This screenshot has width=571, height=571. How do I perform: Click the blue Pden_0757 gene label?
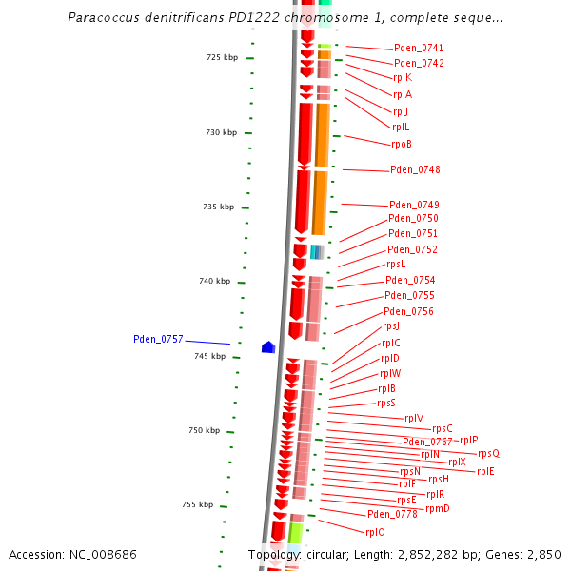point(158,339)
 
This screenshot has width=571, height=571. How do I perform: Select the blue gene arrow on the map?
point(268,347)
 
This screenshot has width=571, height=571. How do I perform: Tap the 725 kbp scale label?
point(222,58)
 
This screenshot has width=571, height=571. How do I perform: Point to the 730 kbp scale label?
point(221,132)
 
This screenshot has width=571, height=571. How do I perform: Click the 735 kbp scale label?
point(218,207)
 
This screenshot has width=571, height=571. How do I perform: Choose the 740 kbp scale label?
point(214,281)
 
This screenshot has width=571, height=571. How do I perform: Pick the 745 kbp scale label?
point(210,356)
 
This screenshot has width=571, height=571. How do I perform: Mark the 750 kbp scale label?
point(204,430)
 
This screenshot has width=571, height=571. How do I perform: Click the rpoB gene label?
point(401,145)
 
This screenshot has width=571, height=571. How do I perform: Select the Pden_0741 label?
point(418,49)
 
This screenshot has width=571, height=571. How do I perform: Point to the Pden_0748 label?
point(415,170)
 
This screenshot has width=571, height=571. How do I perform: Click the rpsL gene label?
point(395,265)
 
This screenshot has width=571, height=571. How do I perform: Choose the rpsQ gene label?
point(488,454)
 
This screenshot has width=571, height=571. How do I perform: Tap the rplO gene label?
point(375,533)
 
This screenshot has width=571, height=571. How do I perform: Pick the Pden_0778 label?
point(392,514)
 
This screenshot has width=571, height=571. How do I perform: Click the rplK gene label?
point(402,78)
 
